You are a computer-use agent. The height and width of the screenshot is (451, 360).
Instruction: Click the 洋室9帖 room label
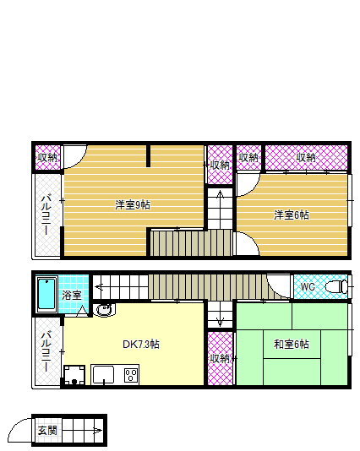133,204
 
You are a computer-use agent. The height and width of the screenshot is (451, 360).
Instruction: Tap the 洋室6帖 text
291,215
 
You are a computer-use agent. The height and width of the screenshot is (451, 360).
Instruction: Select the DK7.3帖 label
141,345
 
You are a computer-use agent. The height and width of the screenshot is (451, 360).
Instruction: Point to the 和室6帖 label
291,345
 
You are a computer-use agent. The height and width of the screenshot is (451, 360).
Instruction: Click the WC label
308,287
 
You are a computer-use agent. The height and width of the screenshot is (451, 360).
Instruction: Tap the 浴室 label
72,296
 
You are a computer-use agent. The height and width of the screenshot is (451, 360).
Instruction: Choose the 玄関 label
46,432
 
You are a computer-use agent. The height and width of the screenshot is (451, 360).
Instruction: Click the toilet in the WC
336,286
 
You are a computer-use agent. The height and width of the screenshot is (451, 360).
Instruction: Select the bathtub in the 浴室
46,294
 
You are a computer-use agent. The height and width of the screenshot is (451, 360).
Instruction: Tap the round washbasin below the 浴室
104,312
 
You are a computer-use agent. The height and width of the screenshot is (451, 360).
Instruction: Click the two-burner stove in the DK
132,374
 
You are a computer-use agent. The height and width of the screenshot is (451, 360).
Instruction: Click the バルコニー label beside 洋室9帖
47,215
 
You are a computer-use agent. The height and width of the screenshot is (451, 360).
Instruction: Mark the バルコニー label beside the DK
47,350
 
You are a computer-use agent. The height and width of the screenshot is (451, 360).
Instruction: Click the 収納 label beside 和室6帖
220,358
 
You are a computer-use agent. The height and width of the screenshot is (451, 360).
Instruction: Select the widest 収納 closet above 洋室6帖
306,157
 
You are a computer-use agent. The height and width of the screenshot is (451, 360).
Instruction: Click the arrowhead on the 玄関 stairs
99,433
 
